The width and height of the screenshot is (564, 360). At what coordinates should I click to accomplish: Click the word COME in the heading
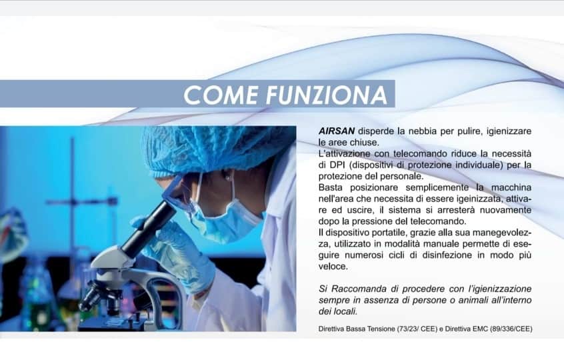221,95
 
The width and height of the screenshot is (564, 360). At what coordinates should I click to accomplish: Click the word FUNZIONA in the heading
327,95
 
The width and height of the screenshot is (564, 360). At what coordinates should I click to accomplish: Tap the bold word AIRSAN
337,131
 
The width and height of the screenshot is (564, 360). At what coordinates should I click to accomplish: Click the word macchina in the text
511,187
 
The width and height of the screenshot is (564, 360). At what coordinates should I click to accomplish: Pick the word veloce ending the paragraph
333,267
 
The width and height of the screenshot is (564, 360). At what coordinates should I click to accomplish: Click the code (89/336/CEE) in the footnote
511,329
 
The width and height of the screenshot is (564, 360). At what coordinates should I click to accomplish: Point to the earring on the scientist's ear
228,177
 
